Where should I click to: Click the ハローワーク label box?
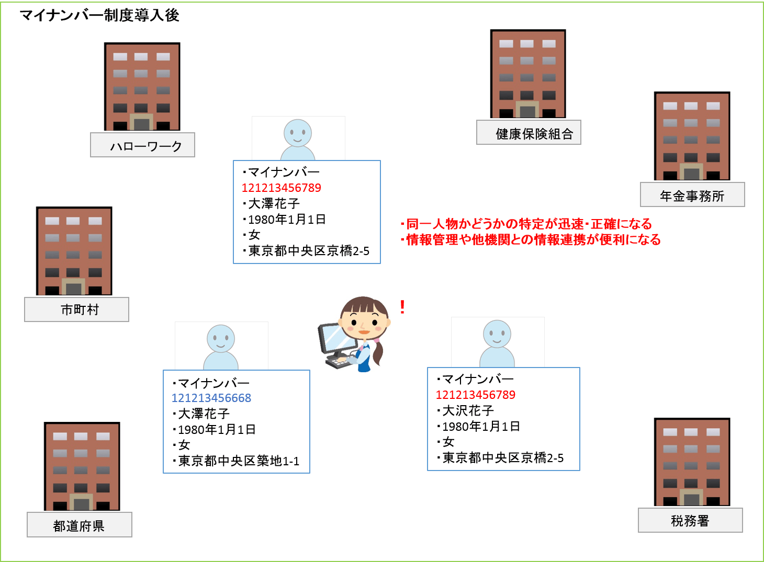142,145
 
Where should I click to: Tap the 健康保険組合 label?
529,132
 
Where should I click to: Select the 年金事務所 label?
692,194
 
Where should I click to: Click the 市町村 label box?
77,309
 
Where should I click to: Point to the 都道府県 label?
80,525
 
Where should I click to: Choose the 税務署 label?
690,520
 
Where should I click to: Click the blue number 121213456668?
211,398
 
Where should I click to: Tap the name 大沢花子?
468,411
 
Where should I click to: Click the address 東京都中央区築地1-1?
239,461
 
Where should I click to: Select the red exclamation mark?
402,307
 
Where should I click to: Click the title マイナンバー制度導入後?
99,15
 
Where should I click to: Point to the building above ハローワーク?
142,87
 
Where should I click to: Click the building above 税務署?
692,462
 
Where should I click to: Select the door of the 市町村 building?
73,287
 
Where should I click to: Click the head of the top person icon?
298,133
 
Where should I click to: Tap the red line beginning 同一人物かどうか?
526,224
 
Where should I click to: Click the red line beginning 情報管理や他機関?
531,239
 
